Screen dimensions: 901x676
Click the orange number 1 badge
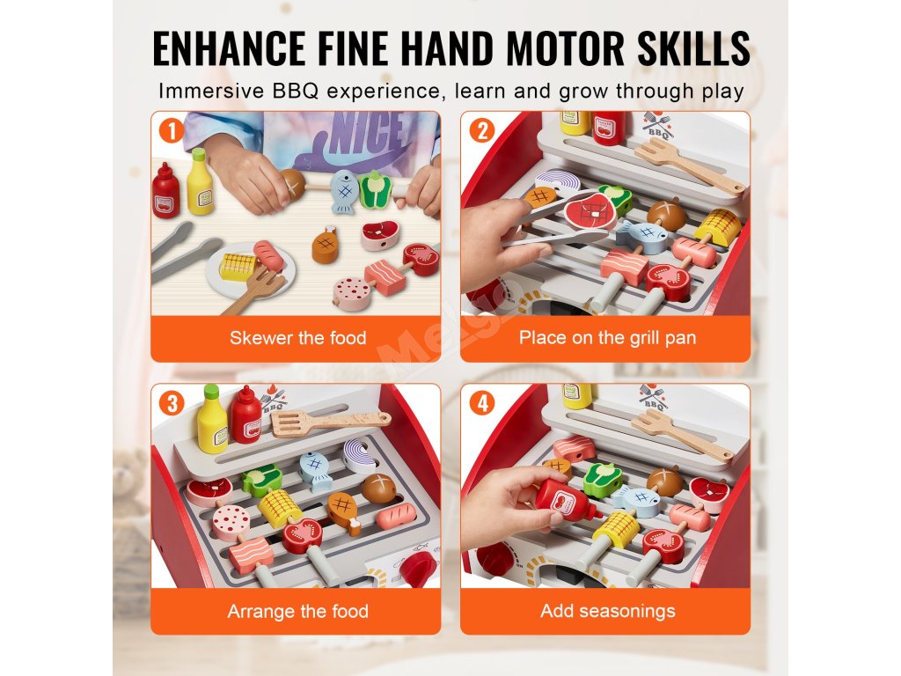(172, 131)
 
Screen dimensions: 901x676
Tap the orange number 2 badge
(481, 131)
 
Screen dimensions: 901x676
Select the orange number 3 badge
(172, 403)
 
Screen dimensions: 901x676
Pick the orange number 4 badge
(481, 403)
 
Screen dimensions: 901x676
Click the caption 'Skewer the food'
(297, 337)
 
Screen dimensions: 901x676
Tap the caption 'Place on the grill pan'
(607, 337)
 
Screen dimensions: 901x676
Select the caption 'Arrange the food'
(297, 611)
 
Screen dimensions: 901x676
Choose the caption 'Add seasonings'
(607, 611)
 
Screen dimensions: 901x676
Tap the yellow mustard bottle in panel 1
(200, 182)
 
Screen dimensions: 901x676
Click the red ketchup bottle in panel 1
(166, 191)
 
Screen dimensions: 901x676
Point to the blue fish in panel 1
(344, 191)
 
